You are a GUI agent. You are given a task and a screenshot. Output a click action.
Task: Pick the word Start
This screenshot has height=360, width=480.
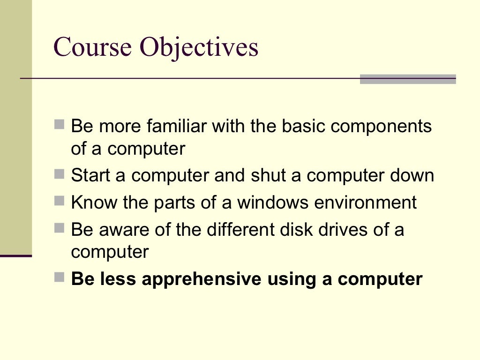click(x=89, y=176)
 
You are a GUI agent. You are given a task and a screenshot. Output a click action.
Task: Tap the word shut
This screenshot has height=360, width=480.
click(x=266, y=176)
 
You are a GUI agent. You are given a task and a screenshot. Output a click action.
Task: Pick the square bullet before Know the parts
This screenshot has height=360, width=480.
click(x=59, y=202)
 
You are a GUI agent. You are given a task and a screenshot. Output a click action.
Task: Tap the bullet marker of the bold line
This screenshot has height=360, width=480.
click(x=59, y=277)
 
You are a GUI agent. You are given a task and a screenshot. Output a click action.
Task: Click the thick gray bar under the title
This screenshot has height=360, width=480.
click(x=407, y=79)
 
